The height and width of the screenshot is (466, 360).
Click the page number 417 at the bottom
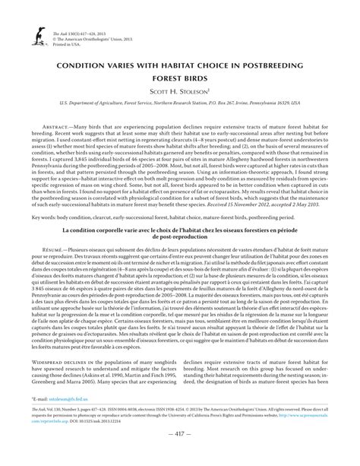(180, 455)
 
